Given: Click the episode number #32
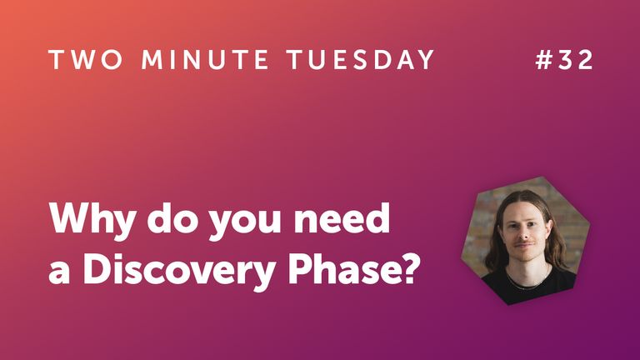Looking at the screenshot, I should click(563, 61).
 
